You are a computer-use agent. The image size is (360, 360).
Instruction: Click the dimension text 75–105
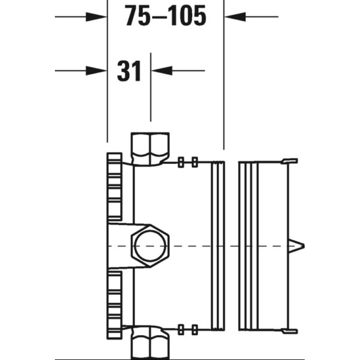(166, 16)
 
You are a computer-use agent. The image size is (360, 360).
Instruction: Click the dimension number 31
(129, 71)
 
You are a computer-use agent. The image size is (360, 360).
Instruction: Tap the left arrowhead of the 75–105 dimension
(96, 17)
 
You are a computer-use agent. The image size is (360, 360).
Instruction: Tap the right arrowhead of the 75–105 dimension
(235, 17)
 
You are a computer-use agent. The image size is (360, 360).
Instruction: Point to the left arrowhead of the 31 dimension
(96, 71)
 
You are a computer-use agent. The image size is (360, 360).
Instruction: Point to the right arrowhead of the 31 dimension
(162, 71)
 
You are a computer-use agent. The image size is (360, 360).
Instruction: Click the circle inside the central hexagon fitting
(150, 246)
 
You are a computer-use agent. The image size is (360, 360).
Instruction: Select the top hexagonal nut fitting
(150, 149)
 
